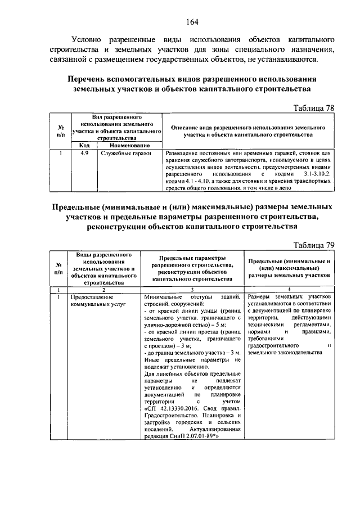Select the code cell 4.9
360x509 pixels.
[x=84, y=152]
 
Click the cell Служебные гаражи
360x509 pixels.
[x=119, y=152]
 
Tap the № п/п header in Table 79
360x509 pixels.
[x=58, y=268]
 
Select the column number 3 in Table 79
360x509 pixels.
[x=192, y=290]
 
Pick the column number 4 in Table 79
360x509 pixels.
[x=289, y=290]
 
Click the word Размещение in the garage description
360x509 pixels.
[x=183, y=152]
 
